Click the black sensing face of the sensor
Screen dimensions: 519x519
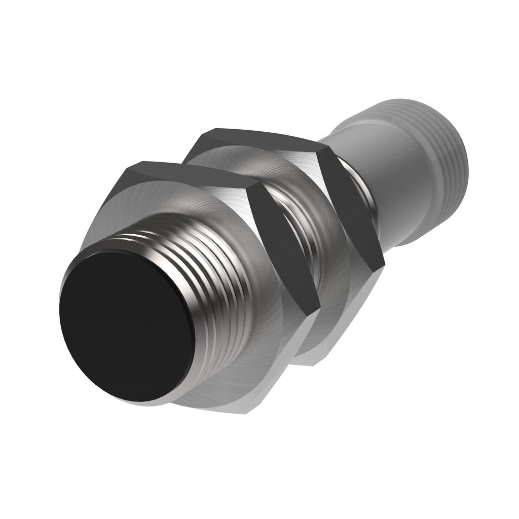[x=127, y=324]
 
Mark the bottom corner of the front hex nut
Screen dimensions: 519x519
[x=248, y=412]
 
